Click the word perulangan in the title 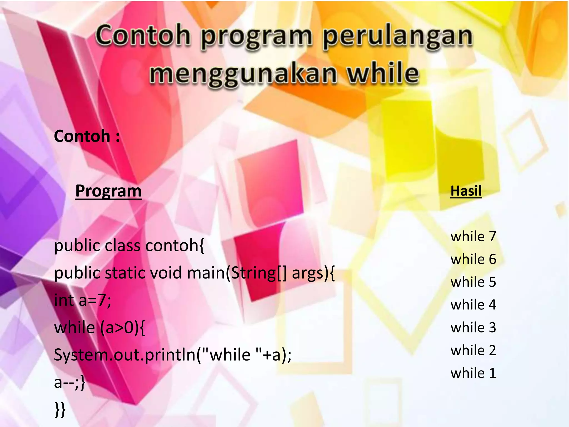tap(397, 38)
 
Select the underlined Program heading tap(108, 191)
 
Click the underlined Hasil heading tap(466, 191)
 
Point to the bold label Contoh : tap(87, 136)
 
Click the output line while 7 tap(473, 237)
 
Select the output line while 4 tap(473, 305)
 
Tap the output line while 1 tap(473, 373)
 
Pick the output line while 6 tap(473, 259)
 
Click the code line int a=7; tap(83, 300)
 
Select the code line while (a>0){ tap(99, 327)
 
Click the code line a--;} tap(69, 382)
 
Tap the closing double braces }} tap(60, 409)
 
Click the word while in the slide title tap(383, 74)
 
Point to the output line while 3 tap(473, 327)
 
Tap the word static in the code tap(125, 273)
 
